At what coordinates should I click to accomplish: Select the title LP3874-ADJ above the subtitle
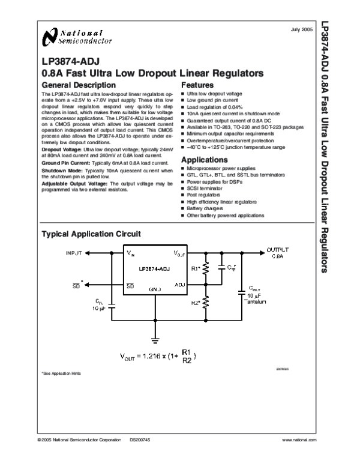(x=66, y=62)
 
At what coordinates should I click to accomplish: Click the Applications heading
(x=204, y=160)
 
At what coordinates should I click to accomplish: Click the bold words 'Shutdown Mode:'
(x=58, y=171)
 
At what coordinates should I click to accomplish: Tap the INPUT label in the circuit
(x=74, y=253)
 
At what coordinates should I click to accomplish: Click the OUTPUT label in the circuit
(x=277, y=250)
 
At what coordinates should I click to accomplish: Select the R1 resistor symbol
(x=206, y=269)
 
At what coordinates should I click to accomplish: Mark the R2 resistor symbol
(x=206, y=303)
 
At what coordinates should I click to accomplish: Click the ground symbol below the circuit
(x=155, y=340)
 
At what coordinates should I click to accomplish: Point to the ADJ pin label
(x=179, y=284)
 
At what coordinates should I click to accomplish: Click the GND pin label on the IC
(x=155, y=289)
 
